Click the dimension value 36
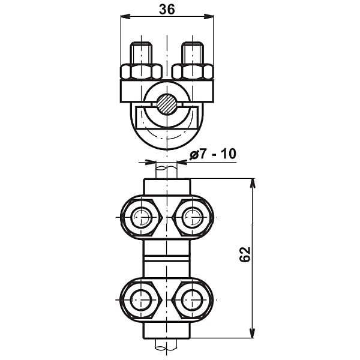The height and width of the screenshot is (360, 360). (x=167, y=10)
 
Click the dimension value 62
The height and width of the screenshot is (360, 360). (x=245, y=254)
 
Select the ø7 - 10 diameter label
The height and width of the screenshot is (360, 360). (x=212, y=154)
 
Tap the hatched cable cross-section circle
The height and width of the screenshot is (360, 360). (x=167, y=104)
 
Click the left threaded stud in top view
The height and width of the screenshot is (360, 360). (x=141, y=53)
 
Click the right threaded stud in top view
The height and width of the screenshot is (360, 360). (x=193, y=53)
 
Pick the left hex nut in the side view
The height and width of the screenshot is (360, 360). (x=141, y=72)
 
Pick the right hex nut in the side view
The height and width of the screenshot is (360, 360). (x=193, y=72)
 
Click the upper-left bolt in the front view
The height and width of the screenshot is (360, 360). (x=141, y=217)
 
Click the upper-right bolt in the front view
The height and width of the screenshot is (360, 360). (x=193, y=217)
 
